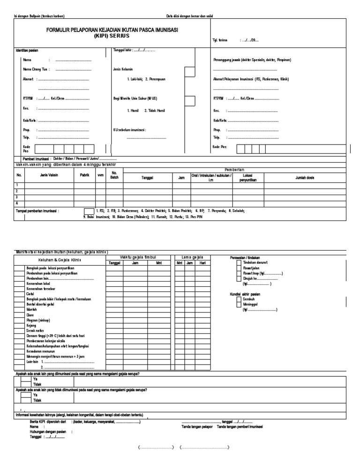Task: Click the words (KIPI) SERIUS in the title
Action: click(x=112, y=35)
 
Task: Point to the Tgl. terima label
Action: click(x=220, y=40)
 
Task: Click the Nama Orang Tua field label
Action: click(x=36, y=69)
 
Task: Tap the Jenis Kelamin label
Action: click(x=123, y=69)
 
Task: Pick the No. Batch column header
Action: click(x=114, y=175)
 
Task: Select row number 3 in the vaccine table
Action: click(x=17, y=197)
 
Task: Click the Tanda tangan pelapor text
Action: click(x=197, y=426)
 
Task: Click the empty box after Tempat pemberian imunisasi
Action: click(x=89, y=211)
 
